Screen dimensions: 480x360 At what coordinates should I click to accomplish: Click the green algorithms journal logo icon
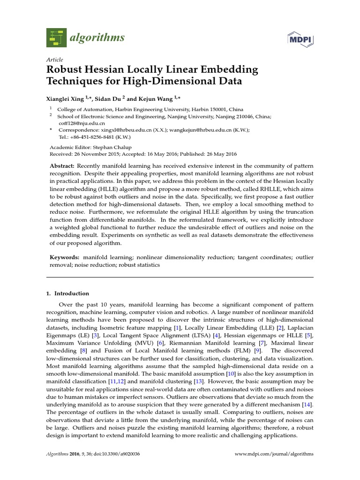[x=57, y=37]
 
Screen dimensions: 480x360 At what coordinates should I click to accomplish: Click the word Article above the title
[x=55, y=60]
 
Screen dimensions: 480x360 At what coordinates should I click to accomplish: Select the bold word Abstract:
[x=62, y=166]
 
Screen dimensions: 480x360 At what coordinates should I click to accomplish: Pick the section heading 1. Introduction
[x=67, y=293]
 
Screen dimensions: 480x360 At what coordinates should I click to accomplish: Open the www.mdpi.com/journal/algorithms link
[x=274, y=454]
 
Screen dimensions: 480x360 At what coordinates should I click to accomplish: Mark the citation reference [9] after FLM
[x=257, y=350]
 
